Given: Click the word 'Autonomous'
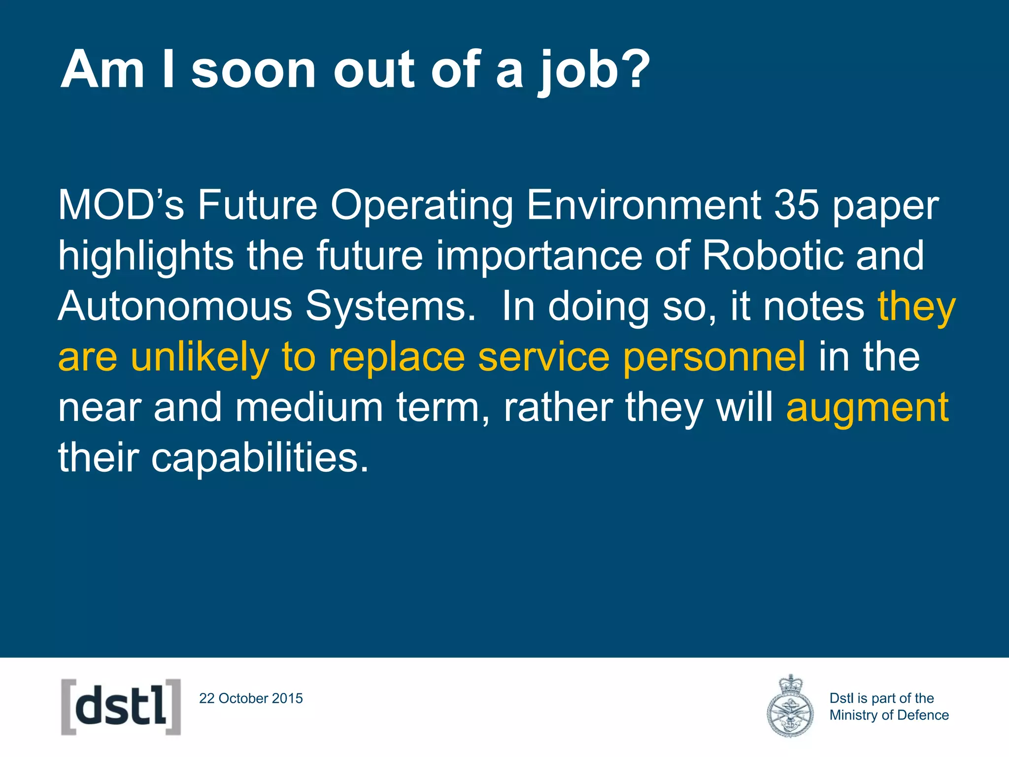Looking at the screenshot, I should (x=175, y=306).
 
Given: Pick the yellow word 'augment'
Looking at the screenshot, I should (x=867, y=408).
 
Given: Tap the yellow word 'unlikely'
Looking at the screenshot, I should (x=200, y=357).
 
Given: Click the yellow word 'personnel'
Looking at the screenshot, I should (x=714, y=357).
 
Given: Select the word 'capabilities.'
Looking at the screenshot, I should (x=260, y=457).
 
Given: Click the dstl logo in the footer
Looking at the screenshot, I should (x=121, y=707).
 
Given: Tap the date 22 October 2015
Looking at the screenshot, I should (x=251, y=698).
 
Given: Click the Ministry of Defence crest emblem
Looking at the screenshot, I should (x=790, y=707).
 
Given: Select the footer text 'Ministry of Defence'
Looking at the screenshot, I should (x=889, y=715).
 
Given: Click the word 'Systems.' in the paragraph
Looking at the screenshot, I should (x=391, y=306).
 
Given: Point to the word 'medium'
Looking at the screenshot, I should (x=309, y=408).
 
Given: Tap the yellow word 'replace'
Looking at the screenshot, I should (x=397, y=357).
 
